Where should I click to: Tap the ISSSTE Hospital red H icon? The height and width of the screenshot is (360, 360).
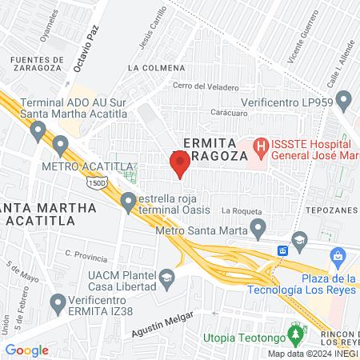pos(260,146)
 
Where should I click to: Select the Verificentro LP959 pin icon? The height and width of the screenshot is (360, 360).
pos(344,101)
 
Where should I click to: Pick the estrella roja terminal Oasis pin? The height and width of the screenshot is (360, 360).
pos(128,202)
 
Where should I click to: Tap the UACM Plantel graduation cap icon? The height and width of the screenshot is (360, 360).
pos(166,278)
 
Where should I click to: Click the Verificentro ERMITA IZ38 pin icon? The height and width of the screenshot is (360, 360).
pos(57,303)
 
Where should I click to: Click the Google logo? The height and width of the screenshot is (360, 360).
pos(26,350)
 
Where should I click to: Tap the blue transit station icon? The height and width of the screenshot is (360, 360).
pos(282,250)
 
